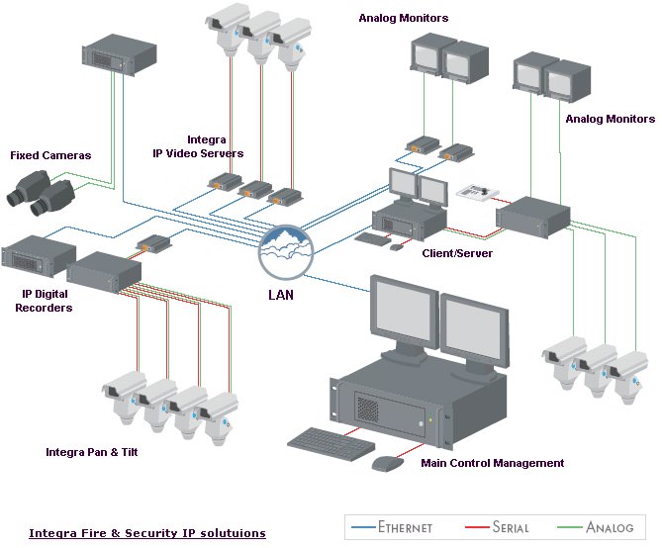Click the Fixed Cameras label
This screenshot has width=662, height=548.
coord(50,155)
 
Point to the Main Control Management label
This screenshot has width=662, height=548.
coord(492,463)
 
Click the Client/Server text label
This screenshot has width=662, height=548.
coord(457,253)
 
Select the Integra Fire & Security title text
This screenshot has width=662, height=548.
coord(146,533)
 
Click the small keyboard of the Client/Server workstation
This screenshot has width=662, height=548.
coord(373,238)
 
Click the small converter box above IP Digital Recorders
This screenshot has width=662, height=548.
coord(153,243)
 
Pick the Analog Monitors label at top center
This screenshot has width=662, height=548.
coord(404,18)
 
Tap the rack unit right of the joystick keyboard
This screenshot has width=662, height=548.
coord(534,213)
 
